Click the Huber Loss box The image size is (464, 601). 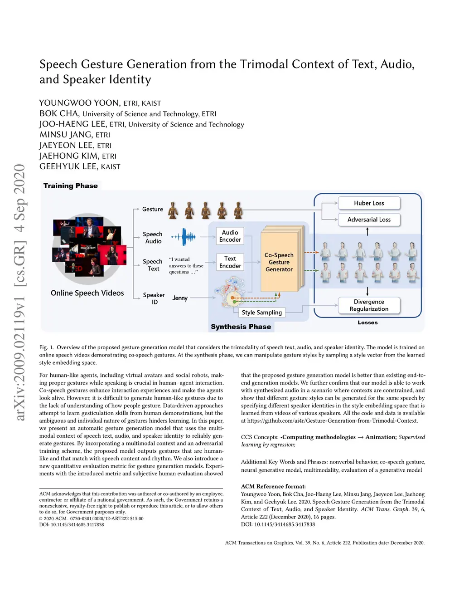[369, 203]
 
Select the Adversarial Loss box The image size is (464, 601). [369, 220]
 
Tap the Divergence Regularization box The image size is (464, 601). [369, 305]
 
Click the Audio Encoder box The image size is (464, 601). [230, 236]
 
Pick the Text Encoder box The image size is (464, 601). [230, 262]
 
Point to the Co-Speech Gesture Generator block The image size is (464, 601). [279, 262]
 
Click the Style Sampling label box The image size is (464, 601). [262, 313]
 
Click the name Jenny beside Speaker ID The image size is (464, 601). [180, 298]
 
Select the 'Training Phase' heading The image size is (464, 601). [70, 186]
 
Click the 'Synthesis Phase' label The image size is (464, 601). [241, 327]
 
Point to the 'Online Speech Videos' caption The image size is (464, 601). [87, 293]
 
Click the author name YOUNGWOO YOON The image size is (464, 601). [80, 103]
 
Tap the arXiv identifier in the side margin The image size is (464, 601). [19, 293]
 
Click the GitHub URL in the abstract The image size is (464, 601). [332, 420]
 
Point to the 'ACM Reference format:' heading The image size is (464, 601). [273, 486]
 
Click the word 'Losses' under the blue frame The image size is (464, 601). [367, 322]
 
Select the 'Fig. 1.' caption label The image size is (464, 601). [46, 347]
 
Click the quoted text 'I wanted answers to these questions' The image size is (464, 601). [186, 266]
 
